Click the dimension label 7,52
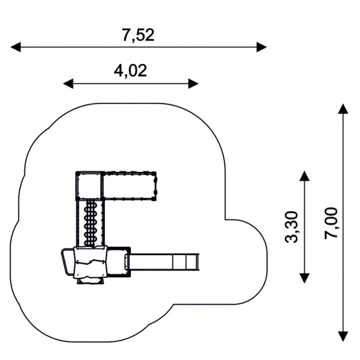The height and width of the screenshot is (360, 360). tap(138, 35)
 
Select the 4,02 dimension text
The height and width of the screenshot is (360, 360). tap(130, 71)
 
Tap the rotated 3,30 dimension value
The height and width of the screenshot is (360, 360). tap(292, 227)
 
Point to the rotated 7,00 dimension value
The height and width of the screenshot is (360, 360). tap(331, 223)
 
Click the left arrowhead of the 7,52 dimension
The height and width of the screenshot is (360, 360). tap(16, 47)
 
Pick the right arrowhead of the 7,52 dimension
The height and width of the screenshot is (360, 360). tap(261, 47)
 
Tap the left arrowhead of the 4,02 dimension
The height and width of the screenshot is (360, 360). tap(68, 84)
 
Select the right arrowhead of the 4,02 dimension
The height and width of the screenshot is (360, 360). tap(193, 84)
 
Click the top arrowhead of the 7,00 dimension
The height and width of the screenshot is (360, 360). tap(343, 109)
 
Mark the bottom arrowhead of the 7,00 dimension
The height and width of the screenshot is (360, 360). tap(343, 336)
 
